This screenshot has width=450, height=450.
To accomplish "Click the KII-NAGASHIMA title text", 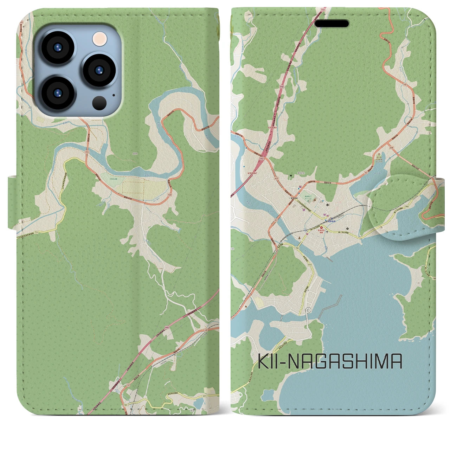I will (330, 361).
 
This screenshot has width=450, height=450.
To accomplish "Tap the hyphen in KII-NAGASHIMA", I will (279, 362).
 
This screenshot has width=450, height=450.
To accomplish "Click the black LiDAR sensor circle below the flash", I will (100, 103).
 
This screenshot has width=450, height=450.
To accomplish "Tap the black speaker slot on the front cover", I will (332, 24).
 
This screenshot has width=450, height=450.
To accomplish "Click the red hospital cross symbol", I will (321, 228).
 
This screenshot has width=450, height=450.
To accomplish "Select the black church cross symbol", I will (328, 232).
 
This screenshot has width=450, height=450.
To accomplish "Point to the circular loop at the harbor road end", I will (308, 309).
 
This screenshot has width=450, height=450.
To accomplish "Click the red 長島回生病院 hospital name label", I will (320, 231).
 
